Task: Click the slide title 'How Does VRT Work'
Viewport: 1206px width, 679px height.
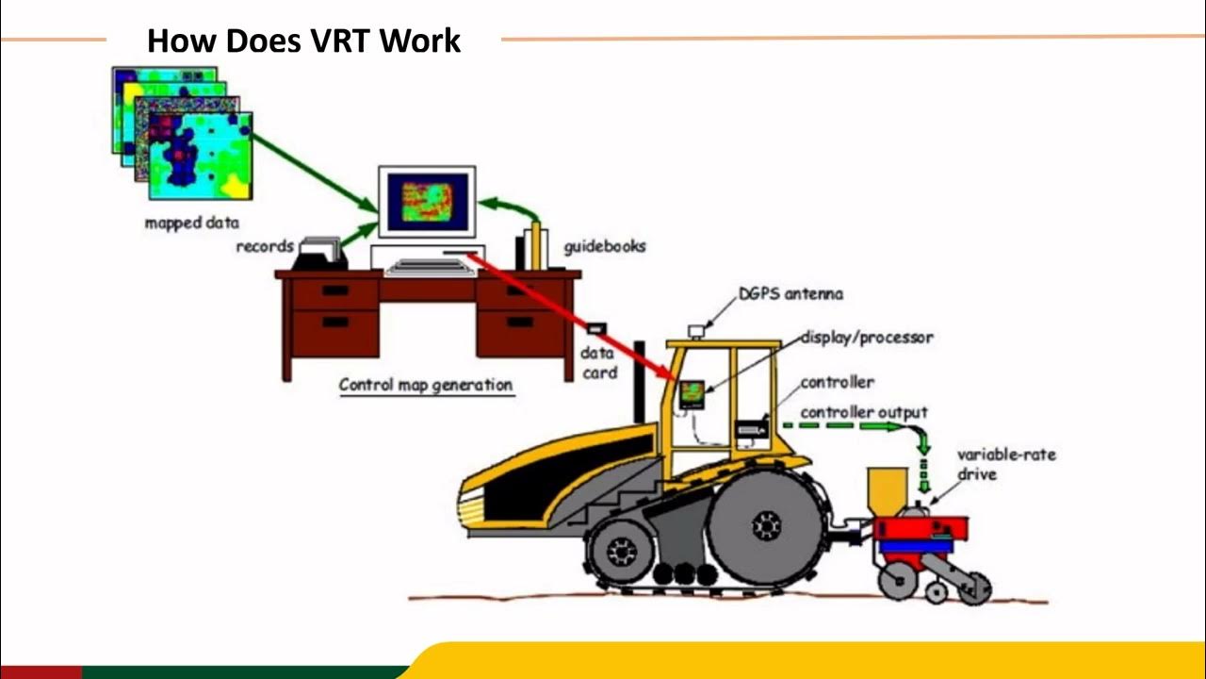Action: [x=303, y=41]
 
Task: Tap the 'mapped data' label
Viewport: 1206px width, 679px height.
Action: [x=191, y=224]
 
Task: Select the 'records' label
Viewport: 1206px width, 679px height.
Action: [x=264, y=247]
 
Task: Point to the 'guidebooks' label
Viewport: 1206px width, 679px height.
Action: [x=605, y=247]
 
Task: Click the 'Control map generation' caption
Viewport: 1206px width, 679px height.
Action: [x=426, y=385]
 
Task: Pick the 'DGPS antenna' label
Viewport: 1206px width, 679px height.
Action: [x=790, y=294]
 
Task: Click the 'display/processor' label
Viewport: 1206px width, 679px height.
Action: [x=867, y=337]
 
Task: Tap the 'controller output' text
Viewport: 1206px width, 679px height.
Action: [x=864, y=412]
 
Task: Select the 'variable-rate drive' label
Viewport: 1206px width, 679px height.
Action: [x=1006, y=463]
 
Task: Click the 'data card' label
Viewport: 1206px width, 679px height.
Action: [x=598, y=363]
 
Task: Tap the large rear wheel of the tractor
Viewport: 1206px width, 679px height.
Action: [x=766, y=525]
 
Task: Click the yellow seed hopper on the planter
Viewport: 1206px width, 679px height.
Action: [x=886, y=489]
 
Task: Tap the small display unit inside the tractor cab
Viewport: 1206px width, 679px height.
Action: [x=693, y=392]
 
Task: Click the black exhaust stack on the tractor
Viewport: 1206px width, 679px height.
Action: [x=640, y=382]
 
